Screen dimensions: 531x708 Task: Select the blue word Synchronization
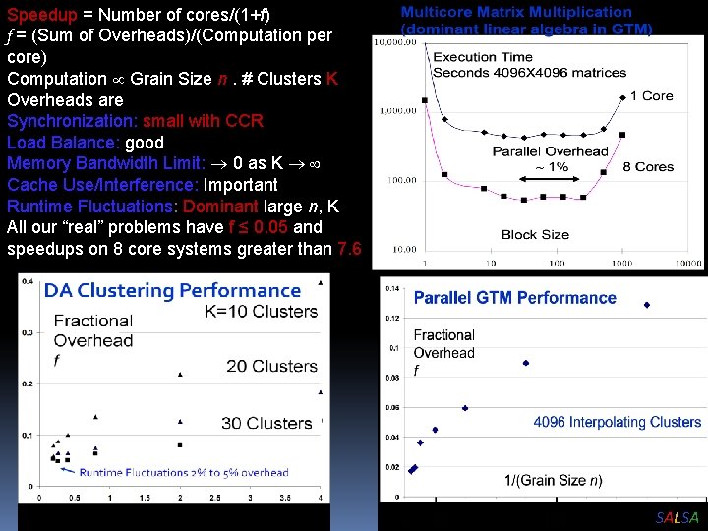coord(72,121)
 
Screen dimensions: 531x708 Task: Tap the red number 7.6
coord(348,249)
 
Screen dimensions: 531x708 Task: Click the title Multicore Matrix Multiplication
coord(516,12)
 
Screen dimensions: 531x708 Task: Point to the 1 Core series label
coord(651,95)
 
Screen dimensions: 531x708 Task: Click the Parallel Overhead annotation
coord(550,151)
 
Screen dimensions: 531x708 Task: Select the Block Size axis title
coord(535,234)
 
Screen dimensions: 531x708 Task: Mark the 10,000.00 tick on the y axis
coord(394,42)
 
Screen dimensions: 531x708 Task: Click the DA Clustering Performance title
coord(172,290)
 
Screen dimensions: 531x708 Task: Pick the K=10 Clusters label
coord(262,311)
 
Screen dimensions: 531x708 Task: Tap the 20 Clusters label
coord(271,366)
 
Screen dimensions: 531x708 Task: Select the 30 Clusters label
coord(265,423)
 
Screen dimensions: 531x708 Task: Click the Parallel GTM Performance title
coord(514,298)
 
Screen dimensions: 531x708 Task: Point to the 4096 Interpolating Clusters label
coord(617,422)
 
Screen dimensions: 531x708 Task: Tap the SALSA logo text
coord(677,518)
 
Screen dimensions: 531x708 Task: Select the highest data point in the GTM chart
coord(646,305)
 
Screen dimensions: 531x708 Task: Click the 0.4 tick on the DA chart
coord(28,283)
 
